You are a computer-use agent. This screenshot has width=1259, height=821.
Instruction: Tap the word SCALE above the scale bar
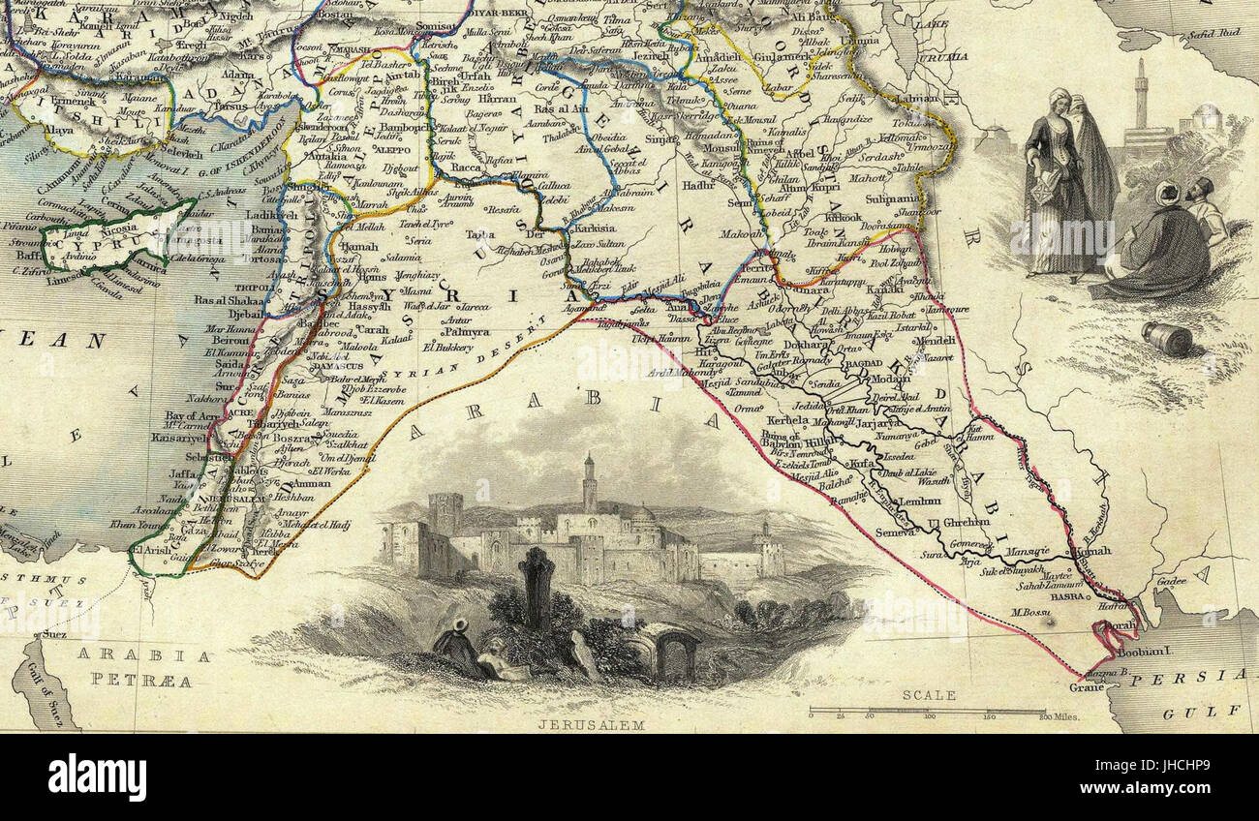(929, 694)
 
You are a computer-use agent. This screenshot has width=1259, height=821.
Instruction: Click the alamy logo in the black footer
(97, 776)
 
